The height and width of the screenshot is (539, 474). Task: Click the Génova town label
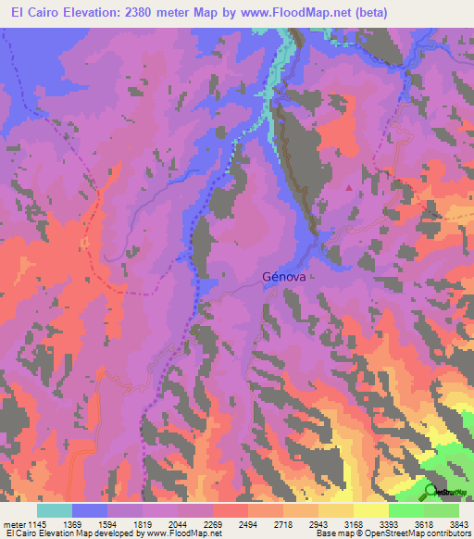[x=284, y=276]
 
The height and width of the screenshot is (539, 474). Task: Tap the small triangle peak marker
[x=349, y=188]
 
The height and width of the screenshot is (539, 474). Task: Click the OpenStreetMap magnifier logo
[x=431, y=491]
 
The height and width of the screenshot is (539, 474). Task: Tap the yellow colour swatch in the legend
[x=369, y=510]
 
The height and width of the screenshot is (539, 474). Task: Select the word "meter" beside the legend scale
[x=13, y=525]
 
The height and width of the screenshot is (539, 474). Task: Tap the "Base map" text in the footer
[x=331, y=534]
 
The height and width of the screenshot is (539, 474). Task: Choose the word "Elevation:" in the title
[x=102, y=11]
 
